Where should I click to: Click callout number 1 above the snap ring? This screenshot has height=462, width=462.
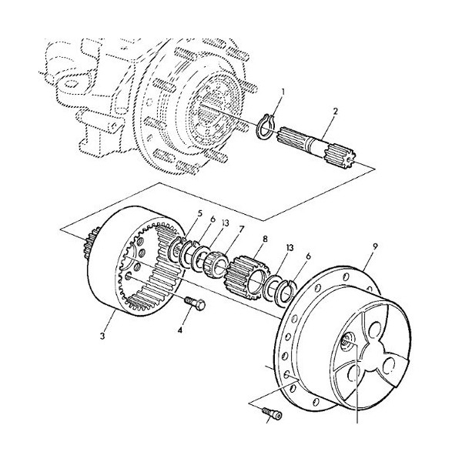point(282,92)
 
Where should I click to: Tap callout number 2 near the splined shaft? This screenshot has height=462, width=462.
point(336,112)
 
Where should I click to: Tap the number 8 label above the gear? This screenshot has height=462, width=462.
point(265,239)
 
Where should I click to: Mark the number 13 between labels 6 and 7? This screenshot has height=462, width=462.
point(225,224)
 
